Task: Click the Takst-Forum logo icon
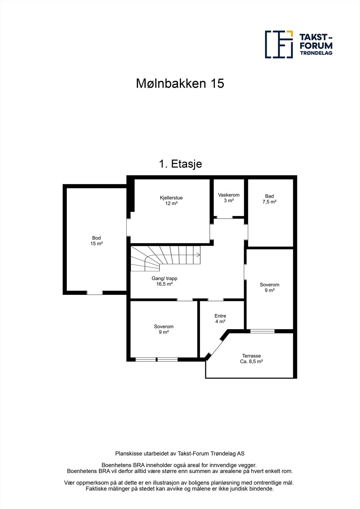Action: [279, 45]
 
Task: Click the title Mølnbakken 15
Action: [180, 84]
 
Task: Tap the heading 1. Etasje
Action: [180, 164]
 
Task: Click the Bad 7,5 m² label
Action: [269, 199]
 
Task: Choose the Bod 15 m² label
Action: [96, 241]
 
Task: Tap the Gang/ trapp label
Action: [164, 281]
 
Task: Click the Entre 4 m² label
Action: [220, 319]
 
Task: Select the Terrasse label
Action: [251, 359]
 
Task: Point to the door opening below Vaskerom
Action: [225, 218]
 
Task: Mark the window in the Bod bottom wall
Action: [95, 293]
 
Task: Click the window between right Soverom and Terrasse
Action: [262, 331]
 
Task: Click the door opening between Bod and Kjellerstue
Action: [129, 227]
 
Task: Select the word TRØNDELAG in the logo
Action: [316, 53]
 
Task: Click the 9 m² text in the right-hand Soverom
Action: [269, 290]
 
